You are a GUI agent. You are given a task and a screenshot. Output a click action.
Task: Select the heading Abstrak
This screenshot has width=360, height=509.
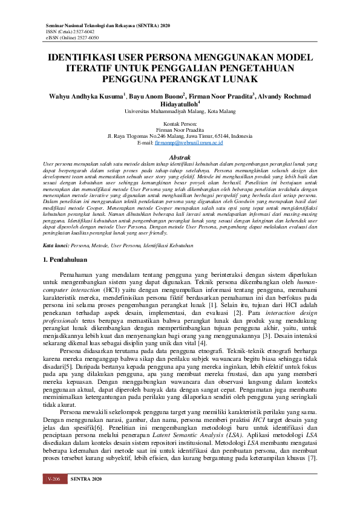180,157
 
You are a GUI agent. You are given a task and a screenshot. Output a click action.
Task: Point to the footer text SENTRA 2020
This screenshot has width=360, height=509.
83,496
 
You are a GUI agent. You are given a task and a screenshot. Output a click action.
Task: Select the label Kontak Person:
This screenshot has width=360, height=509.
180,123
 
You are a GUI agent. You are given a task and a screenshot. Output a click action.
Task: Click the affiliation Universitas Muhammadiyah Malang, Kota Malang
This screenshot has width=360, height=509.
180,111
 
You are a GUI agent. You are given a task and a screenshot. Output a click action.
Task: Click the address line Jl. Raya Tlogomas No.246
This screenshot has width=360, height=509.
143,136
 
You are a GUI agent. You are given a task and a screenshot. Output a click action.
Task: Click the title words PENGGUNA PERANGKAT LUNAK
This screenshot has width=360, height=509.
180,79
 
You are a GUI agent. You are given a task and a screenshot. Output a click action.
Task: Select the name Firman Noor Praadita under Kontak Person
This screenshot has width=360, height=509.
180,129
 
